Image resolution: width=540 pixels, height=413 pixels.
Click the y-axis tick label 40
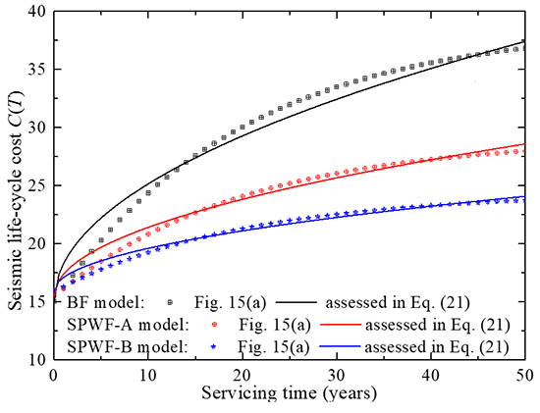35,12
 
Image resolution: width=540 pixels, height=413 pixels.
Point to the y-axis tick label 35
35,70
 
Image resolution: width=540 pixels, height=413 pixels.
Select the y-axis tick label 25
35,186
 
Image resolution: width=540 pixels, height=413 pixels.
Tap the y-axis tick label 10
35,360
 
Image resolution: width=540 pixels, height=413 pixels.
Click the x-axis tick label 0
53,377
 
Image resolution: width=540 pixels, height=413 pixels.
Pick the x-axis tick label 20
242,377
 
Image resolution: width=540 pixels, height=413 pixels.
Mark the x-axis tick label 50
525,377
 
